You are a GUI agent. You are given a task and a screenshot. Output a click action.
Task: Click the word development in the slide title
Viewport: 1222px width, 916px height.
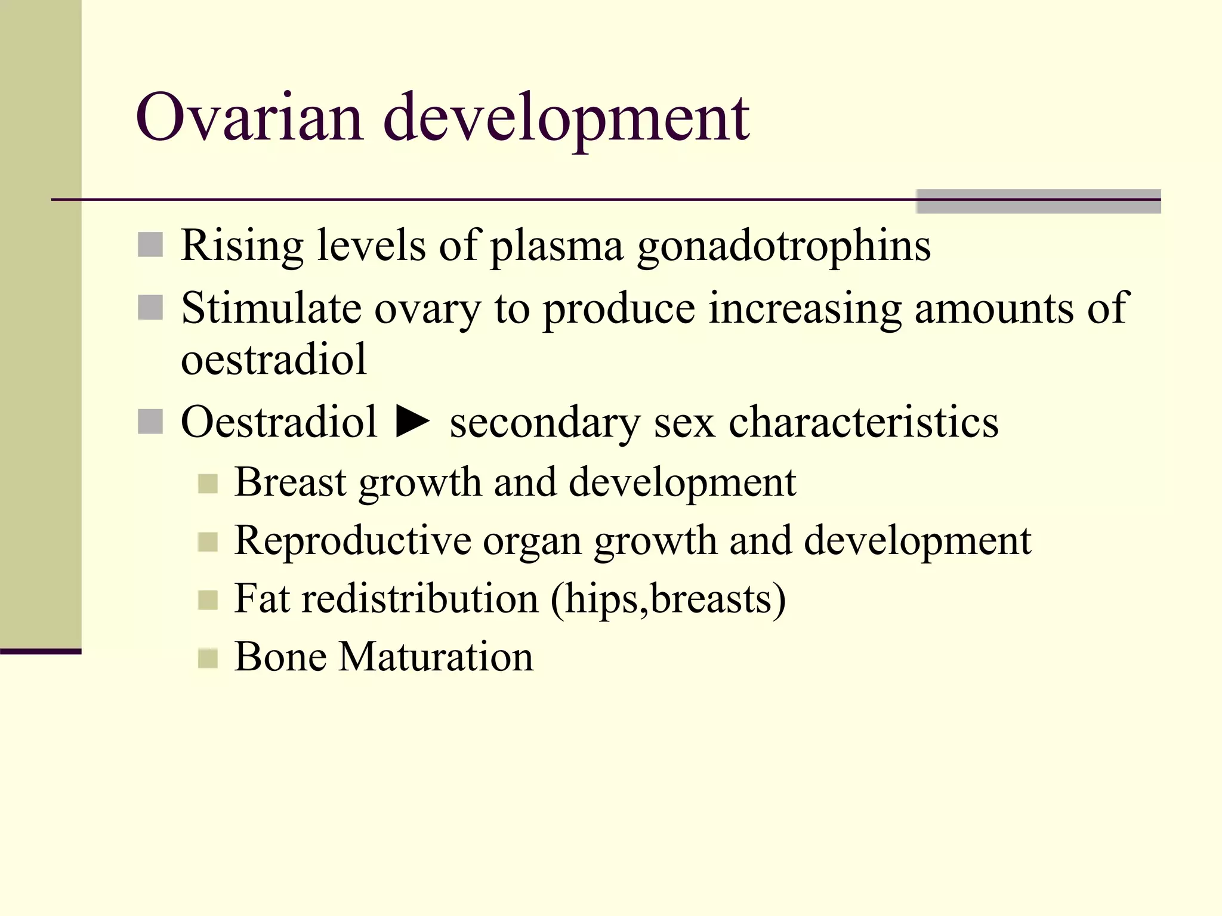[566, 118]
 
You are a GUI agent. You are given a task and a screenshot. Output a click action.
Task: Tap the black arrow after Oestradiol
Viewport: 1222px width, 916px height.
[413, 422]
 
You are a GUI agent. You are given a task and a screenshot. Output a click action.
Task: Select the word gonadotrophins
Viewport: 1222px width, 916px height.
[783, 246]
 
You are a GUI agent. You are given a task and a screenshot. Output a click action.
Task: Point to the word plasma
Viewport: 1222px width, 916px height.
[557, 246]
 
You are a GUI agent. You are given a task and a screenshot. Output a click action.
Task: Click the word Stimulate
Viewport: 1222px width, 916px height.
[271, 308]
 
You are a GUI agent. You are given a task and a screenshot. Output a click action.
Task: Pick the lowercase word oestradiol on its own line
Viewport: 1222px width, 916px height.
[273, 360]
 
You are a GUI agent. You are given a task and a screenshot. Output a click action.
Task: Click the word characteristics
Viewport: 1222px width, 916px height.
[863, 422]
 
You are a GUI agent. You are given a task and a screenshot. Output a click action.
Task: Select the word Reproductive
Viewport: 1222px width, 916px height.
[353, 540]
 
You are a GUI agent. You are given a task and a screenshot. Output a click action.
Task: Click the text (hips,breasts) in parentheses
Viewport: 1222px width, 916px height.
[668, 598]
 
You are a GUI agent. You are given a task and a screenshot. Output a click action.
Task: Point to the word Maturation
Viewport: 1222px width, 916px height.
[436, 657]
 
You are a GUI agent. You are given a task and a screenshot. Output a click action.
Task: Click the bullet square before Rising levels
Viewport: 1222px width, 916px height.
[150, 245]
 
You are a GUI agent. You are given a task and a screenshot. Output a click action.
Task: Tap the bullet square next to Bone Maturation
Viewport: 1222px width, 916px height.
[207, 658]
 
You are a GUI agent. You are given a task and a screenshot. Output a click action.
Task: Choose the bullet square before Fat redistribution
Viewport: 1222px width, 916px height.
[207, 600]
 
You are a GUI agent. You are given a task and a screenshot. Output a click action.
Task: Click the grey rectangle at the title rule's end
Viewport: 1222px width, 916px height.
[1038, 201]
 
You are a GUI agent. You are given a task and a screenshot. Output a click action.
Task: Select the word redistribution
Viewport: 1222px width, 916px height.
[419, 598]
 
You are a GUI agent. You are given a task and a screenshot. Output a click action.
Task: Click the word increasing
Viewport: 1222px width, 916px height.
[804, 308]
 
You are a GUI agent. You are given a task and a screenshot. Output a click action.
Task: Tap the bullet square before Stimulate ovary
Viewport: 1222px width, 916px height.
[150, 308]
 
